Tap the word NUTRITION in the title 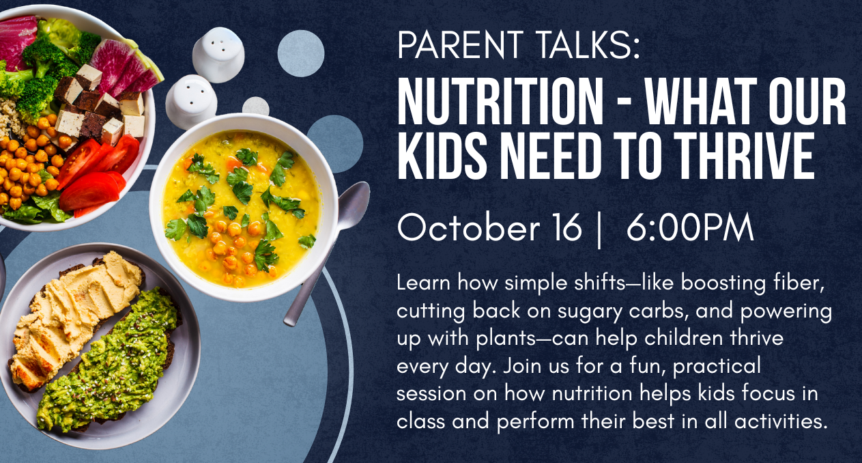pyautogui.click(x=500, y=101)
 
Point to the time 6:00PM pyautogui.click(x=689, y=227)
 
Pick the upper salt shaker pyautogui.click(x=218, y=55)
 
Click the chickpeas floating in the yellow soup pyautogui.click(x=233, y=247)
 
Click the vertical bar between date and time pyautogui.click(x=599, y=229)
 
